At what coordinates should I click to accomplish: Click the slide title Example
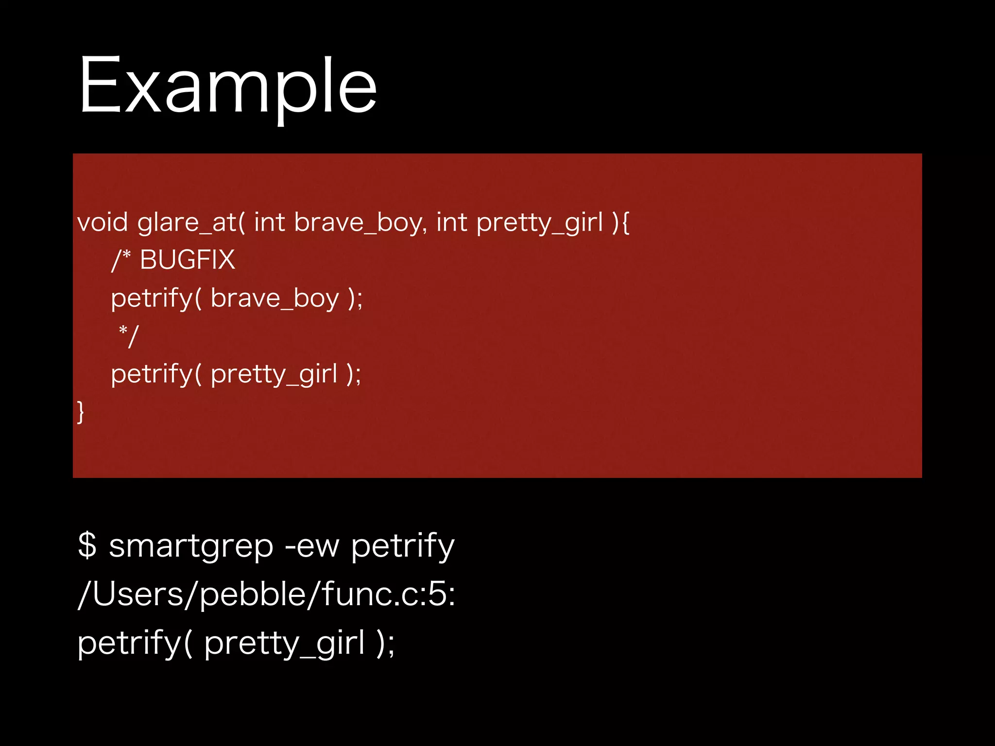(227, 86)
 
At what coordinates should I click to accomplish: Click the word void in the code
(103, 222)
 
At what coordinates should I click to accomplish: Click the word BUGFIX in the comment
(188, 260)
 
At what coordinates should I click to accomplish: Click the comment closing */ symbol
(129, 336)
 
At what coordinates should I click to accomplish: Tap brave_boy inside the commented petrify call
(274, 298)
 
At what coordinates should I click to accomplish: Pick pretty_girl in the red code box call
(274, 374)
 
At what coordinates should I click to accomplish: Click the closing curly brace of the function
(81, 412)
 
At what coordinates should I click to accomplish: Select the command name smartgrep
(191, 546)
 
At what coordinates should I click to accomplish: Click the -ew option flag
(311, 546)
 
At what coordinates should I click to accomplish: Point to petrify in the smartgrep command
(403, 546)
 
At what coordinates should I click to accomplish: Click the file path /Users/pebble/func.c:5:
(266, 594)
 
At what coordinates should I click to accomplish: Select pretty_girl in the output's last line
(284, 644)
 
